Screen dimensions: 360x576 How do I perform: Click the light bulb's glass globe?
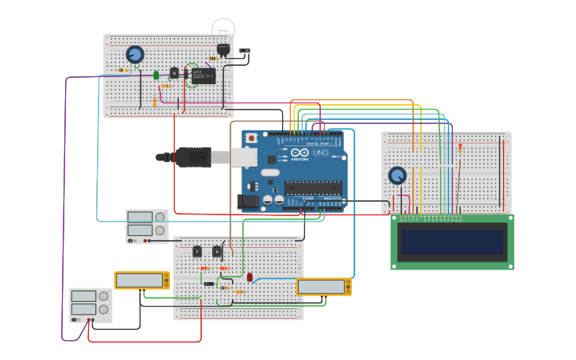tap(223, 29)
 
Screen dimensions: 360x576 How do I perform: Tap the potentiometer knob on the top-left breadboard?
tap(135, 54)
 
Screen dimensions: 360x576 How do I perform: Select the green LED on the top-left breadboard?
tap(156, 75)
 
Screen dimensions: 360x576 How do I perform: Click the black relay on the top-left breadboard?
tap(203, 75)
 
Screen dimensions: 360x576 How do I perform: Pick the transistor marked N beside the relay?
tap(175, 72)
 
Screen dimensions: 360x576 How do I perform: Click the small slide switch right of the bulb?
tap(244, 52)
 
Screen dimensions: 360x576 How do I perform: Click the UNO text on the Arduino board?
tap(320, 153)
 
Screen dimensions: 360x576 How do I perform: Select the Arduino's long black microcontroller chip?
tap(313, 188)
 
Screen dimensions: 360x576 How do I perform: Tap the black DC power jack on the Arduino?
tap(248, 202)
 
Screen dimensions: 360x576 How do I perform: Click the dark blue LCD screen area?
tap(452, 242)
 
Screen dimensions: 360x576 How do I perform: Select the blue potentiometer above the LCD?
tap(397, 175)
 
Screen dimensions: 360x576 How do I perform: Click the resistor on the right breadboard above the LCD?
tap(459, 147)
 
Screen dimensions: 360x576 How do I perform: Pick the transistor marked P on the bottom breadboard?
tap(197, 251)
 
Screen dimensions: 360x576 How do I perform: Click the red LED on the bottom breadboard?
tap(249, 277)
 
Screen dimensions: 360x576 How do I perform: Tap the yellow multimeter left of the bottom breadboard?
tap(141, 281)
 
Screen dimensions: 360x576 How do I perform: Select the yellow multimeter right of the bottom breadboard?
tap(324, 287)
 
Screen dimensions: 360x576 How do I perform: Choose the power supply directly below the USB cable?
tap(147, 226)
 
